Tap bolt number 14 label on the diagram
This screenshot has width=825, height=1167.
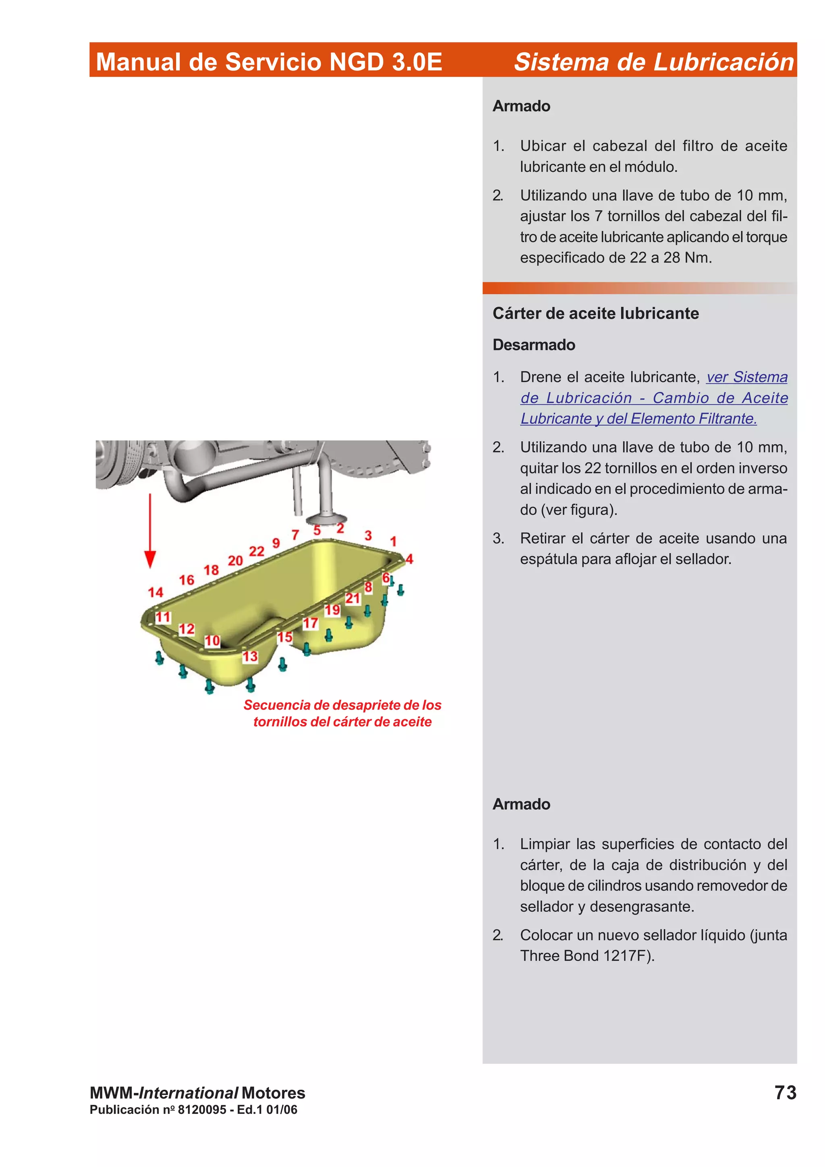(x=155, y=592)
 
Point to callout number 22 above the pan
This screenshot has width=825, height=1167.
(x=257, y=551)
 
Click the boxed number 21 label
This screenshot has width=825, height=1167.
(x=353, y=598)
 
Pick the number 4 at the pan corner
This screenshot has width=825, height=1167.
(x=409, y=559)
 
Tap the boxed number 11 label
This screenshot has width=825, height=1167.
(x=163, y=617)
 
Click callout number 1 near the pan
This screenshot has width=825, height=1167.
(x=393, y=541)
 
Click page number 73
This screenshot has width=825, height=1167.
(x=785, y=1092)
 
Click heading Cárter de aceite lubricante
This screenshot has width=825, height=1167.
(x=595, y=313)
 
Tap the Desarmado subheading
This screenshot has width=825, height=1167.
(x=534, y=345)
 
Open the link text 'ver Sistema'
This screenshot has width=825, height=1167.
(x=747, y=377)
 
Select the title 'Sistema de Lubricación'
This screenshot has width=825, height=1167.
(x=654, y=62)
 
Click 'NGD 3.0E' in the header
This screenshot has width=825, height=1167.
(x=385, y=62)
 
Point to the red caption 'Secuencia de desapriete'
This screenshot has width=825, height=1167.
(x=342, y=705)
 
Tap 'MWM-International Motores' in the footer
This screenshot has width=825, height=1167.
(x=197, y=1093)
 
